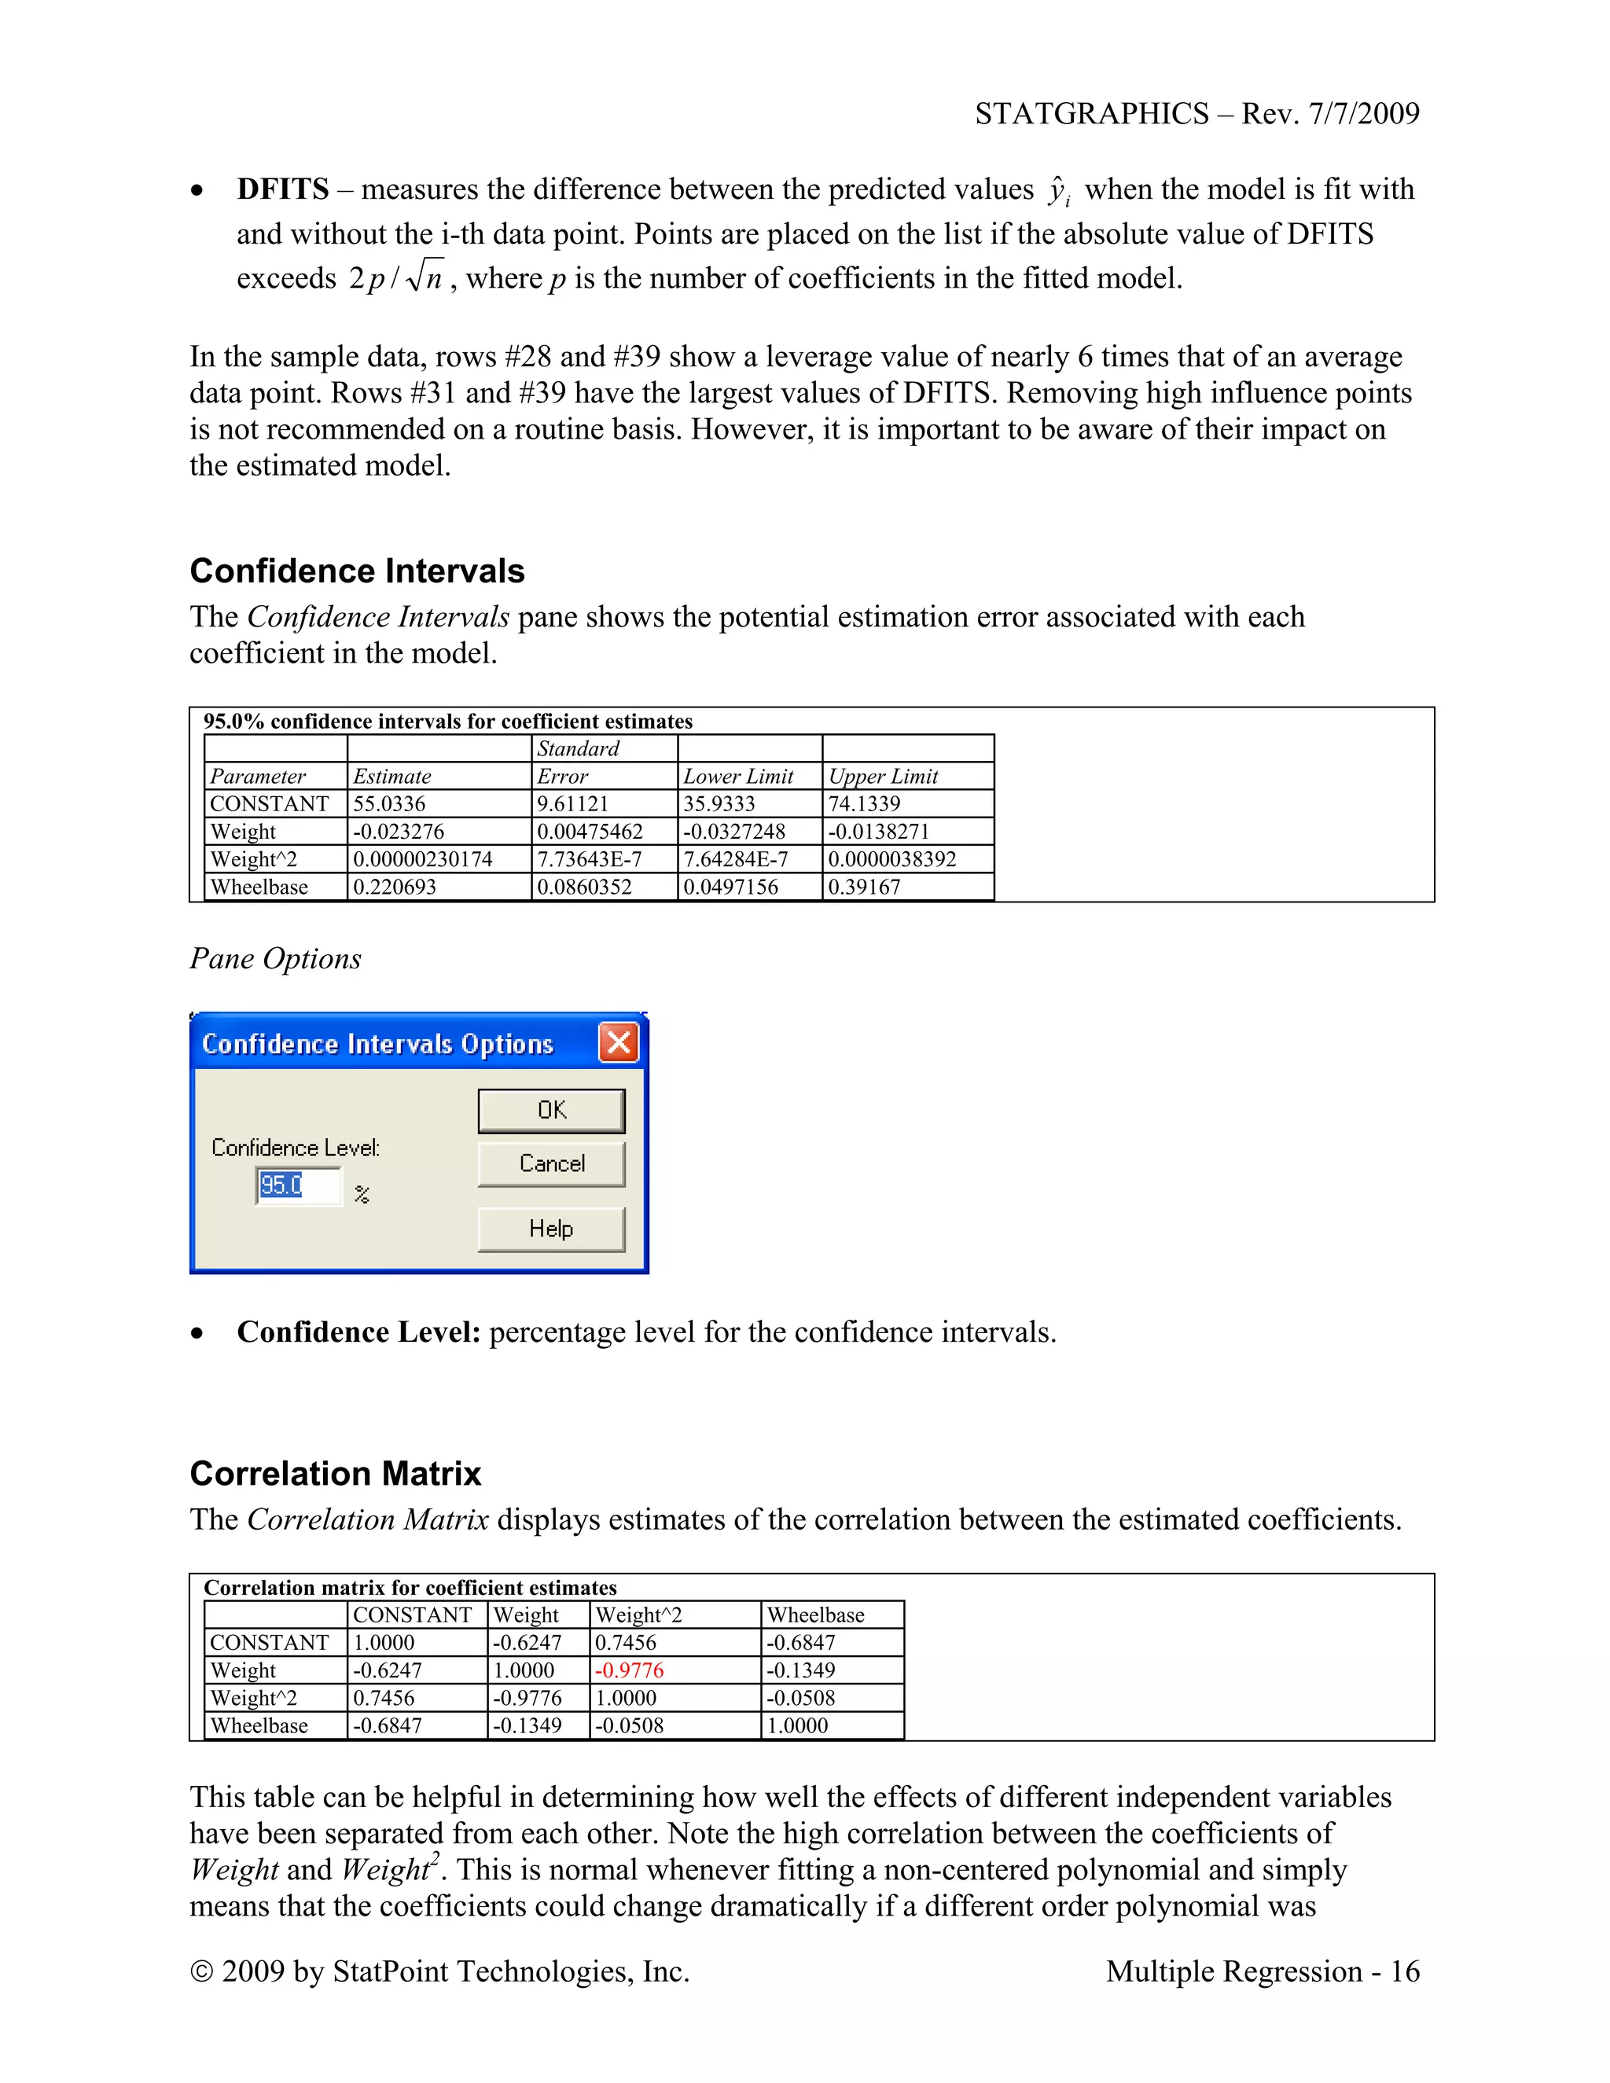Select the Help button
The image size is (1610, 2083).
click(551, 1229)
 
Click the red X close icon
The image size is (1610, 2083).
click(619, 1041)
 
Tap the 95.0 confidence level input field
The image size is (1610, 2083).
click(298, 1185)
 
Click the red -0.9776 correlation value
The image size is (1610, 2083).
click(630, 1670)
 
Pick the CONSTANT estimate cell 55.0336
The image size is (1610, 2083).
click(389, 804)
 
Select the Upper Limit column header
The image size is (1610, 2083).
click(883, 777)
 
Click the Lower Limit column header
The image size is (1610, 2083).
click(738, 777)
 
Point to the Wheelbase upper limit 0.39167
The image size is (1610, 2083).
click(864, 887)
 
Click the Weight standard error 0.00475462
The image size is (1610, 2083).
click(590, 832)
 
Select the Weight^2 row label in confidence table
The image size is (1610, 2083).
click(254, 859)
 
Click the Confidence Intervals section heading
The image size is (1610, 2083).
click(357, 571)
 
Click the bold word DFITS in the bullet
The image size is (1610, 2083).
click(282, 189)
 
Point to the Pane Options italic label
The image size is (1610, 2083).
click(276, 958)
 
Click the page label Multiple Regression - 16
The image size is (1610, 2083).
click(1262, 1971)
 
